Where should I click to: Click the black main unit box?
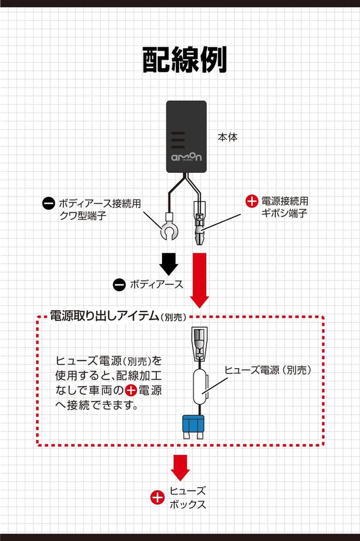pos(186,136)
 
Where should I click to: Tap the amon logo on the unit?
pos(186,158)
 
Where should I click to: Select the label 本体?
pos(228,137)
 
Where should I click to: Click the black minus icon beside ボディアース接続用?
pos(49,203)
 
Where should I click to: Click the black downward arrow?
pos(169,263)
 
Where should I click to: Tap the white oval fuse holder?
pos(199,386)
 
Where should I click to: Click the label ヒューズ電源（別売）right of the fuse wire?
pos(268,370)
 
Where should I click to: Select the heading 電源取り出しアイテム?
pos(104,316)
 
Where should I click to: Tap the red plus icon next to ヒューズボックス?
pos(157,497)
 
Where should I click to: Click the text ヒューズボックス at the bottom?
pos(187,497)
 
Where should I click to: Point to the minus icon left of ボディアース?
pos(119,284)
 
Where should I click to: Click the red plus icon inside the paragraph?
pos(130,391)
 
